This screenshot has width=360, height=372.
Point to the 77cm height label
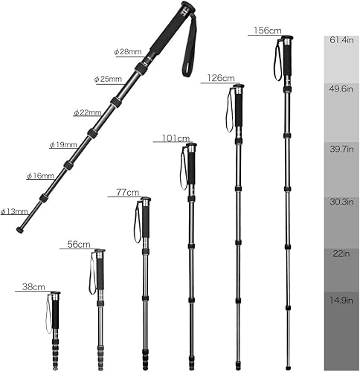click(x=128, y=192)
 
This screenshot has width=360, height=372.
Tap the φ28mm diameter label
click(x=127, y=51)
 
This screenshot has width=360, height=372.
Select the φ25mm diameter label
click(x=108, y=78)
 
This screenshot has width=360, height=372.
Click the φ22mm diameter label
click(x=87, y=112)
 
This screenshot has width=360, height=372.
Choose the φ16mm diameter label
click(x=40, y=176)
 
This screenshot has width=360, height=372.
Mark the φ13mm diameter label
click(x=14, y=211)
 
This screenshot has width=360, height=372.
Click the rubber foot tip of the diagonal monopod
click(x=20, y=229)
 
